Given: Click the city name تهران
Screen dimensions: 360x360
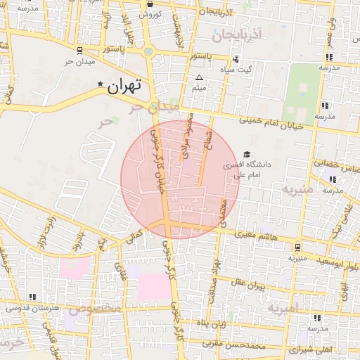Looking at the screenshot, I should pyautogui.click(x=124, y=87).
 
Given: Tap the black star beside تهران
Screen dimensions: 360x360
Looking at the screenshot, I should pyautogui.click(x=100, y=85).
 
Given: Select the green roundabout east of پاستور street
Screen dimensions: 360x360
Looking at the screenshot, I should pyautogui.click(x=148, y=51).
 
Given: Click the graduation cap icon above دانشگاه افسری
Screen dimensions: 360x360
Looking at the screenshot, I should pyautogui.click(x=246, y=154).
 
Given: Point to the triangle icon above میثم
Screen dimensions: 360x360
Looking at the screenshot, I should pyautogui.click(x=199, y=77).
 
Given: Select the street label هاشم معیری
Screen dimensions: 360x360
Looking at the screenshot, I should pyautogui.click(x=258, y=236).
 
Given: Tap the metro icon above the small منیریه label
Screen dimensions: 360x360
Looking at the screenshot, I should pyautogui.click(x=299, y=247).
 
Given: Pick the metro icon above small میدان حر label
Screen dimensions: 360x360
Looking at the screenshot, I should pyautogui.click(x=79, y=51).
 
